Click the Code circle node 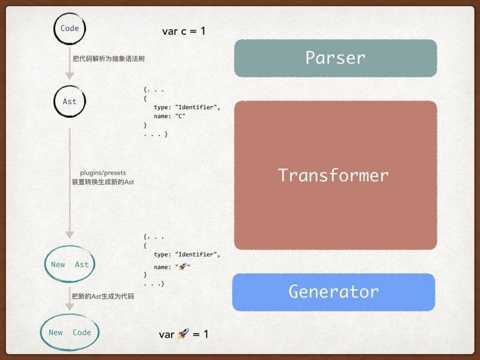(70, 28)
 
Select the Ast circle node (70, 101)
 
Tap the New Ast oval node (70, 265)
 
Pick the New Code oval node (70, 332)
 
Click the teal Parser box (335, 58)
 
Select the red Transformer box (335, 175)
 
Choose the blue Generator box (334, 292)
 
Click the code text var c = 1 (184, 31)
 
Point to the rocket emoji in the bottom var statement (184, 334)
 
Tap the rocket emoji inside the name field (181, 266)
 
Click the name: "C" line (170, 116)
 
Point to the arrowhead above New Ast (70, 235)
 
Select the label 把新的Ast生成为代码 (103, 296)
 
